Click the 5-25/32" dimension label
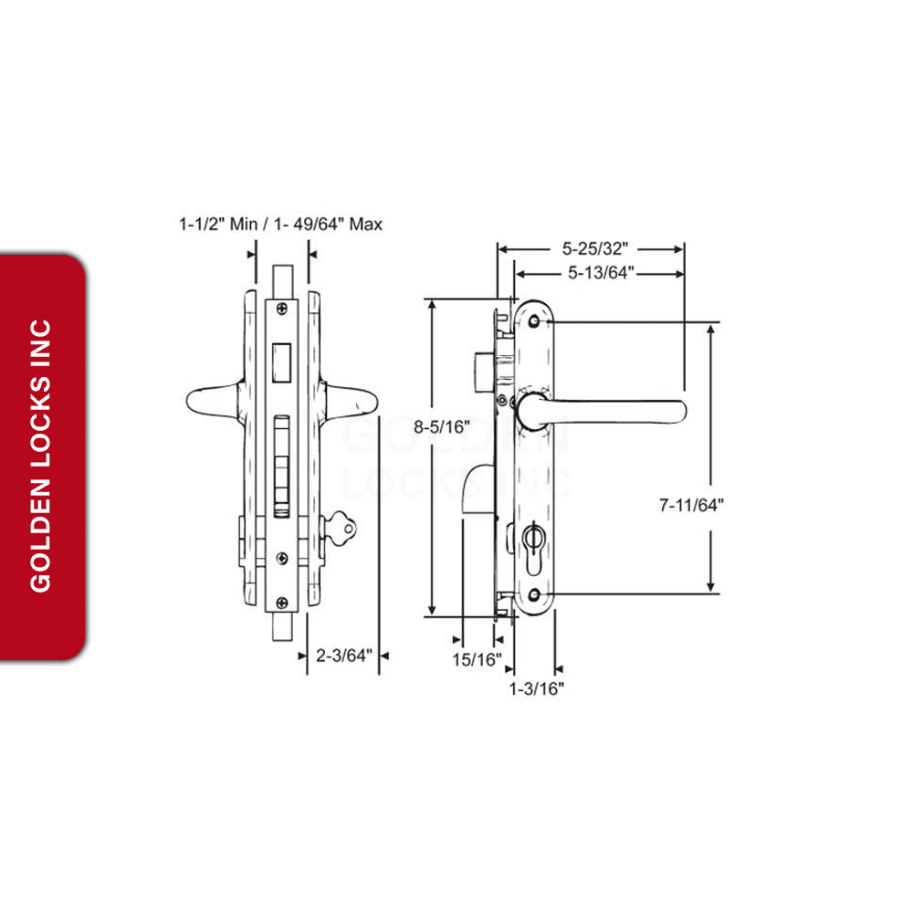pyautogui.click(x=595, y=247)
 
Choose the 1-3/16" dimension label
pyautogui.click(x=537, y=688)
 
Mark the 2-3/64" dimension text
pyautogui.click(x=345, y=655)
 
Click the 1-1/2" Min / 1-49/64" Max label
pyautogui.click(x=280, y=224)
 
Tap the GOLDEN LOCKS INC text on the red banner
pyautogui.click(x=41, y=456)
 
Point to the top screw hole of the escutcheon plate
pyautogui.click(x=534, y=321)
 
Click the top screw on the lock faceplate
pyautogui.click(x=282, y=309)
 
